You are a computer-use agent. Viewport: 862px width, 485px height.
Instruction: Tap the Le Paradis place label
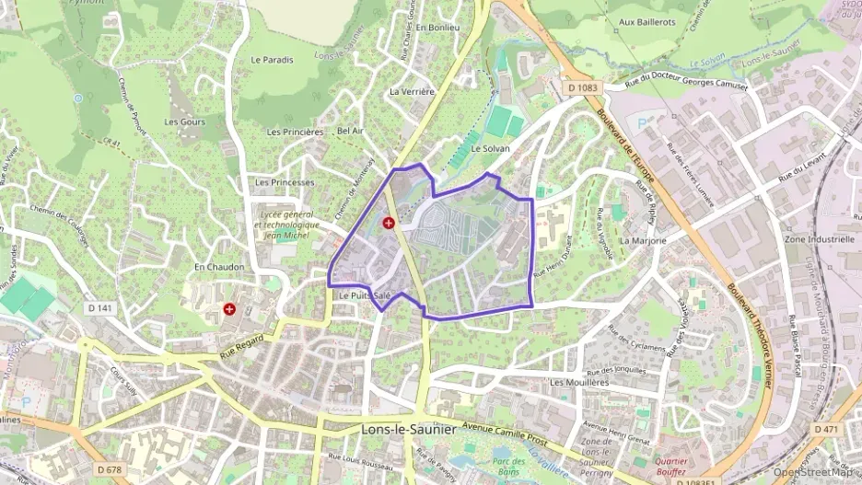coord(272,60)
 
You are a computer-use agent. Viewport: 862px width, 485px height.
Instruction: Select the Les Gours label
coord(184,121)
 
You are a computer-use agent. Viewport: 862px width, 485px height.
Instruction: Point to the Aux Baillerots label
coord(646,21)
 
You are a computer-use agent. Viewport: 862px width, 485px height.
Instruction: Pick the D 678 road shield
coord(108,470)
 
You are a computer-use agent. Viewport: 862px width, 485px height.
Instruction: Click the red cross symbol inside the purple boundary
coord(389,223)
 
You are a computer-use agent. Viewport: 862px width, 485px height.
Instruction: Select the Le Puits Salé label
coord(365,295)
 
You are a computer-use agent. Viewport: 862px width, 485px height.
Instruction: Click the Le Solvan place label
coord(490,148)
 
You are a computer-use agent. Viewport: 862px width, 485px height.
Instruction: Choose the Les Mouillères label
coord(579,381)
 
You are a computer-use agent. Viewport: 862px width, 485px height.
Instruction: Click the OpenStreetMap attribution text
coord(811,471)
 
